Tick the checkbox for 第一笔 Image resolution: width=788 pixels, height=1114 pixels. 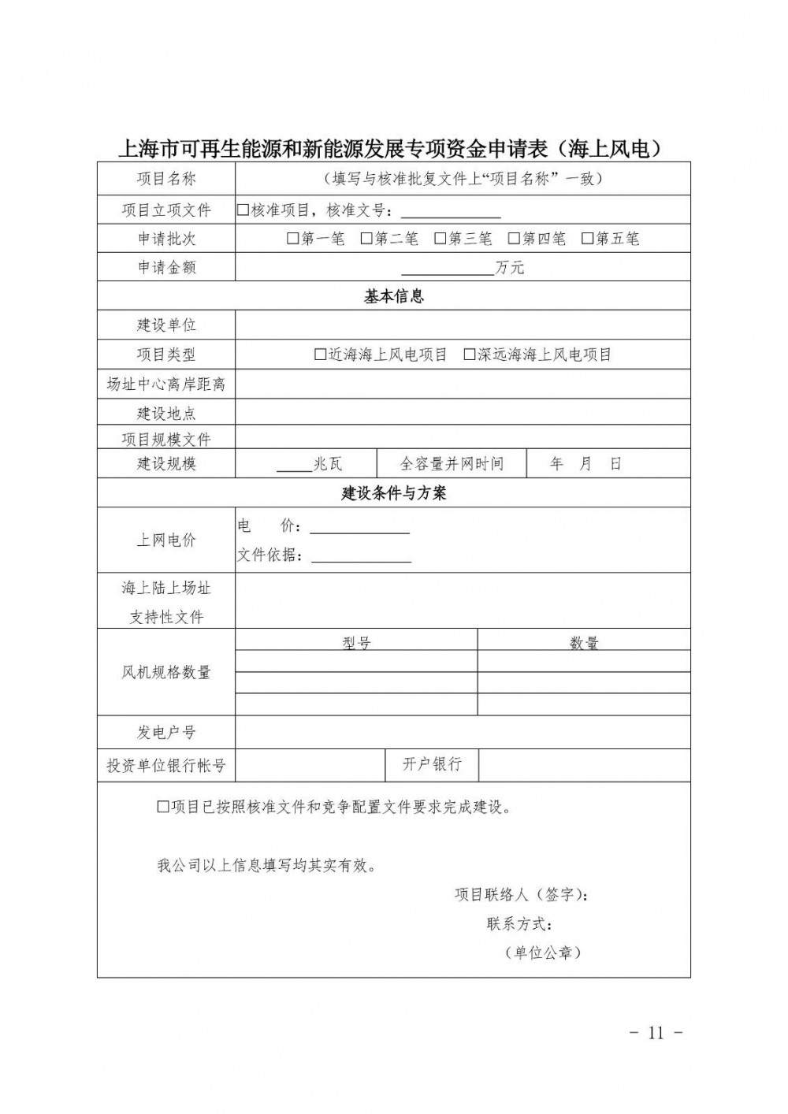293,238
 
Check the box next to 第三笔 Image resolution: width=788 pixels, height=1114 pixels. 440,238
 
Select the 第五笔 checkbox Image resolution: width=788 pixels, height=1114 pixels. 588,238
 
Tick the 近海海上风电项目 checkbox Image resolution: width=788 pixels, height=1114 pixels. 320,355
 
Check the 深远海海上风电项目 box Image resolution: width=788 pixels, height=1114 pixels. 470,355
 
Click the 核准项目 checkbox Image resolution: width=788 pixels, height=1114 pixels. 243,210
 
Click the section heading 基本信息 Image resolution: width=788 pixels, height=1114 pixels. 393,296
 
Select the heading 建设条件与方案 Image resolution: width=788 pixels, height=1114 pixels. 393,493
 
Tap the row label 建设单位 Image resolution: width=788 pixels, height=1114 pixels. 166,325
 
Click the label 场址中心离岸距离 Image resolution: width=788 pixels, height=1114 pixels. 166,384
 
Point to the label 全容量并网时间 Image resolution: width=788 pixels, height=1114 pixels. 452,463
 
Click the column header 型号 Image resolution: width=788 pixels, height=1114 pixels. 356,643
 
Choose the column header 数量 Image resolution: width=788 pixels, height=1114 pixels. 584,643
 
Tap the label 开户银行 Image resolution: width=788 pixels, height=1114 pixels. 432,763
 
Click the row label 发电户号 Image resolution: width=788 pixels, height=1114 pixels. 166,732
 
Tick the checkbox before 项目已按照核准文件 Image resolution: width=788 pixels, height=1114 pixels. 163,807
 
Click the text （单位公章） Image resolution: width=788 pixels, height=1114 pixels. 544,952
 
